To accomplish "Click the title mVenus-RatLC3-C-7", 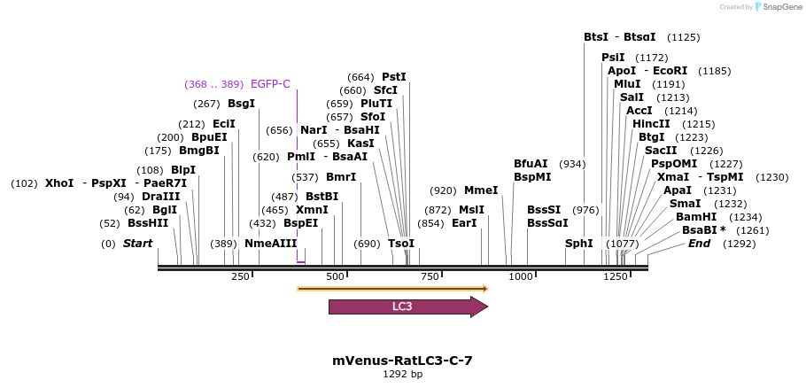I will click(402, 361).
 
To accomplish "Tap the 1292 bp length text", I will click(402, 375).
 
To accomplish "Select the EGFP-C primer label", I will click(270, 84).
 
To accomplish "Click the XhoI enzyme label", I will click(59, 183).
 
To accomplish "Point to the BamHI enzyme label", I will click(694, 217).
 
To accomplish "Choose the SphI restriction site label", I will click(578, 244).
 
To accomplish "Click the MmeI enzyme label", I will click(481, 190).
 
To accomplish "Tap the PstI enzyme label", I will click(394, 77).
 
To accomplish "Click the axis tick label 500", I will click(335, 277).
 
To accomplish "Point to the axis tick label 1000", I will click(520, 277).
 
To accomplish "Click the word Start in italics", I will click(137, 244).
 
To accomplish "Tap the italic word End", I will click(700, 244).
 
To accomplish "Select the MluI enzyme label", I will click(627, 84).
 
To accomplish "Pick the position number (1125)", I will click(683, 37).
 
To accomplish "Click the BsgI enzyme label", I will click(241, 104).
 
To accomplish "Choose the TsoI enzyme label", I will click(401, 244).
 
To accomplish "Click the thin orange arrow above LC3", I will click(392, 288).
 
